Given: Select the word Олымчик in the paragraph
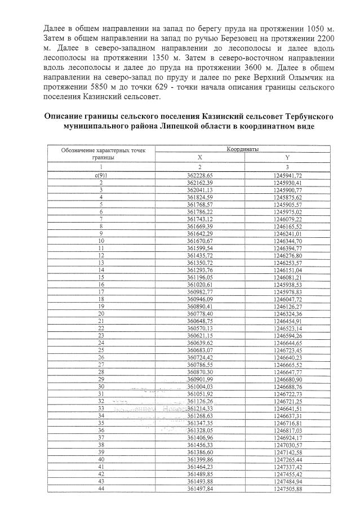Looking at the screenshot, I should [279, 78].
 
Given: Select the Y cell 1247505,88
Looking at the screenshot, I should [287, 489].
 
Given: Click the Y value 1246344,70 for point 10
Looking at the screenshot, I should [287, 241].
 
